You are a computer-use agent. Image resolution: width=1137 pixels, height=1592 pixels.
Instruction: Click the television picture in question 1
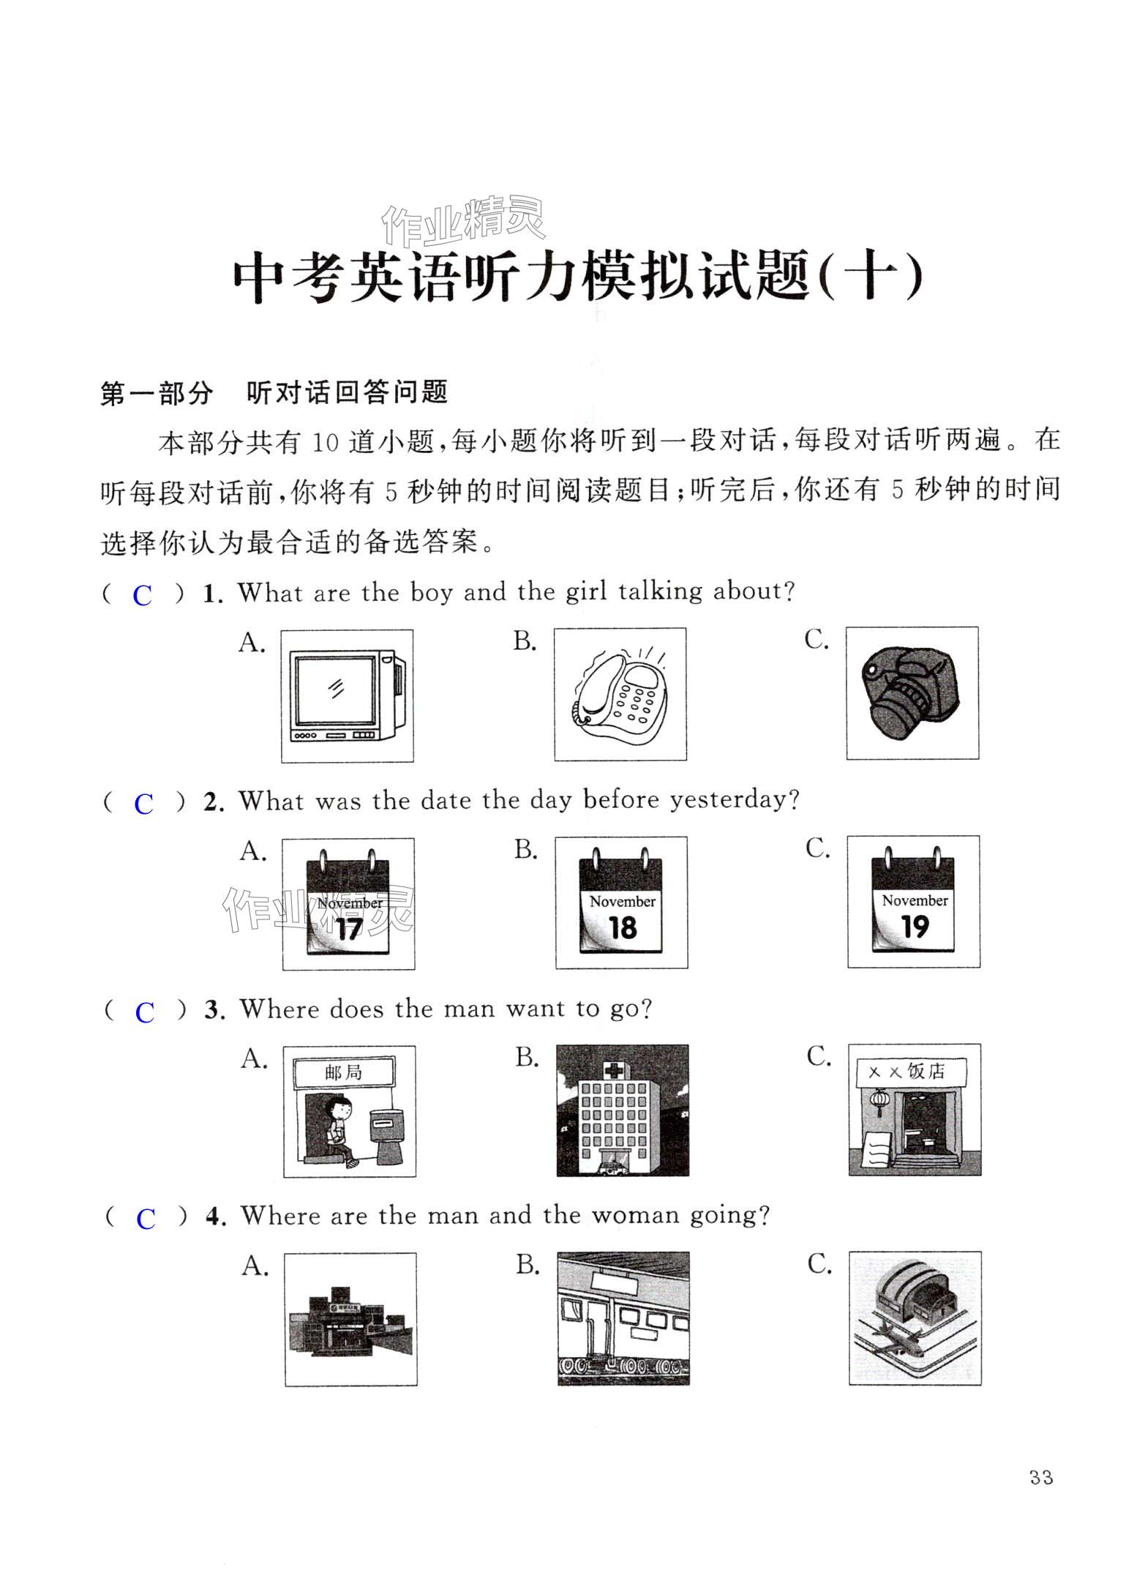click(x=347, y=695)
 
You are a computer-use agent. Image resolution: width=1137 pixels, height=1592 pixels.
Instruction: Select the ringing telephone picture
click(x=620, y=694)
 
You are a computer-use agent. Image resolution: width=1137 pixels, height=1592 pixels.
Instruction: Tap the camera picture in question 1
click(x=911, y=692)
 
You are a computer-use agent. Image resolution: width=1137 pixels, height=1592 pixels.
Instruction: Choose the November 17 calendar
click(x=348, y=904)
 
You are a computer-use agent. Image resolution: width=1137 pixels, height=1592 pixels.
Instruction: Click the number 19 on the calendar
click(x=915, y=927)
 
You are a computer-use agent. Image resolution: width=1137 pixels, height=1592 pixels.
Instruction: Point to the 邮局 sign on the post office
click(x=344, y=1072)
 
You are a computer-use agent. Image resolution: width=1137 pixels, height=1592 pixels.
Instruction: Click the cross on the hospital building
click(x=613, y=1071)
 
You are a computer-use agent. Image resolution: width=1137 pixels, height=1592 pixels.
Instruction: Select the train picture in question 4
click(x=623, y=1318)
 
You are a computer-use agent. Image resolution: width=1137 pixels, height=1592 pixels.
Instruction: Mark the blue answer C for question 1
click(x=143, y=596)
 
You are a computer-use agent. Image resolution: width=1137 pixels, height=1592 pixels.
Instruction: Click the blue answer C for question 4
click(x=146, y=1219)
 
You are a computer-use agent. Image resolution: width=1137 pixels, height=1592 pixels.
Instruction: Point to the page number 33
click(x=1040, y=1477)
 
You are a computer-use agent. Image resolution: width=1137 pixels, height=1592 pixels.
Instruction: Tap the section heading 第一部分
click(x=157, y=393)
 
